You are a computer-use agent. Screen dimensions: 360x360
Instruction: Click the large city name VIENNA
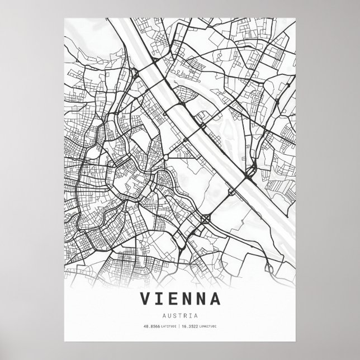click(179, 298)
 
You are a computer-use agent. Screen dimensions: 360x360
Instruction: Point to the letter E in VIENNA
click(172, 298)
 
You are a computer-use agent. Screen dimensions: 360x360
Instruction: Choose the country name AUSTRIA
click(179, 315)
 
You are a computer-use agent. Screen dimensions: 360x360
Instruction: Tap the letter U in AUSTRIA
click(170, 315)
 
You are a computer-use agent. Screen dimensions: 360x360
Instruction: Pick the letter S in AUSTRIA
click(175, 315)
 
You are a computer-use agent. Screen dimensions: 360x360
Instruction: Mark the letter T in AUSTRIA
click(180, 315)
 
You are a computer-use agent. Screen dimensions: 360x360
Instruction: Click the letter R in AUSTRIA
click(185, 315)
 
